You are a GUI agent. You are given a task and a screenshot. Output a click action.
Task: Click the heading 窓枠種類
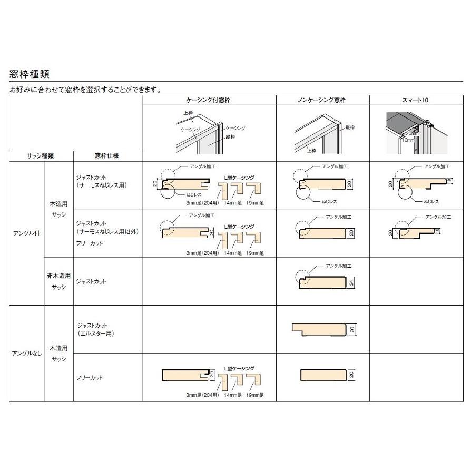pyautogui.click(x=30, y=74)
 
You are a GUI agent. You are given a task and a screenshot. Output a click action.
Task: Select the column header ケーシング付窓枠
pyautogui.click(x=209, y=100)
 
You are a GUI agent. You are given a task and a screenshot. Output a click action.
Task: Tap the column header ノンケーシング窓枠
pyautogui.click(x=322, y=100)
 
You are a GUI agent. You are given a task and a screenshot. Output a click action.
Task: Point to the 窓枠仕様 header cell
pyautogui.click(x=107, y=156)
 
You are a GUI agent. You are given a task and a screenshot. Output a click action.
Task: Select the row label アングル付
pyautogui.click(x=26, y=233)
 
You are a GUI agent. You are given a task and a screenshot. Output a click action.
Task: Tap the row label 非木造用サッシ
pyautogui.click(x=58, y=281)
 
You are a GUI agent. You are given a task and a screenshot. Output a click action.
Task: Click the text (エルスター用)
pyautogui.click(x=95, y=333)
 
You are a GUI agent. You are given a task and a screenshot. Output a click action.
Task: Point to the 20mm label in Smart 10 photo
pyautogui.click(x=412, y=134)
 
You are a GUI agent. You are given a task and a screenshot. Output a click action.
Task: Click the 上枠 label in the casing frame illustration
pyautogui.click(x=188, y=113)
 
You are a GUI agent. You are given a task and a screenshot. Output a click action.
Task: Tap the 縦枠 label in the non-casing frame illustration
pyautogui.click(x=349, y=127)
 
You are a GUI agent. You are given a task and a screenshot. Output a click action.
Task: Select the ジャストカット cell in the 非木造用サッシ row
pyautogui.click(x=92, y=281)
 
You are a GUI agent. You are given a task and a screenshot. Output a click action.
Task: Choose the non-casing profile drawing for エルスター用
pyautogui.click(x=320, y=329)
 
